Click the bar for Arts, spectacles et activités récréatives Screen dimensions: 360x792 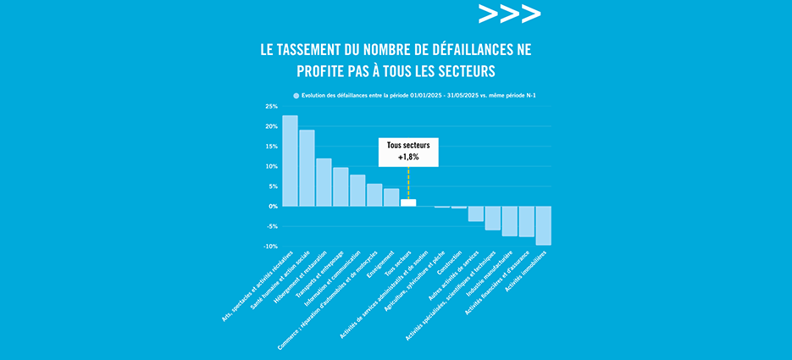click(290, 161)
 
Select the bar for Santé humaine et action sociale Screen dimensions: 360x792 click(307, 168)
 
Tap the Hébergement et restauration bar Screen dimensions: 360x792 click(324, 182)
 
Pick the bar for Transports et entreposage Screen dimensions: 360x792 click(341, 186)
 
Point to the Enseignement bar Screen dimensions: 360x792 click(391, 197)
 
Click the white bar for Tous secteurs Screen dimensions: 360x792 click(408, 202)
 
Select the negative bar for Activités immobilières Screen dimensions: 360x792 click(544, 225)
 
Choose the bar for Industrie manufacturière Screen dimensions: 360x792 click(510, 221)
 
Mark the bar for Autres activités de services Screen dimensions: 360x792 click(476, 213)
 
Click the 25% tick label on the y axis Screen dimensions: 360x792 click(271, 107)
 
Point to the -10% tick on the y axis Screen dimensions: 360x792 click(270, 246)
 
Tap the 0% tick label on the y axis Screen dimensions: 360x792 click(274, 207)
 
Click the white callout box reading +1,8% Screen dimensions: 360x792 click(408, 152)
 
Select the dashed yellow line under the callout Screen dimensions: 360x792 click(408, 182)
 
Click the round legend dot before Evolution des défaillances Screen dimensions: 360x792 click(296, 96)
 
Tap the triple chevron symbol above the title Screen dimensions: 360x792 click(509, 14)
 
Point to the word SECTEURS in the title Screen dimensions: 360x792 click(463, 69)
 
